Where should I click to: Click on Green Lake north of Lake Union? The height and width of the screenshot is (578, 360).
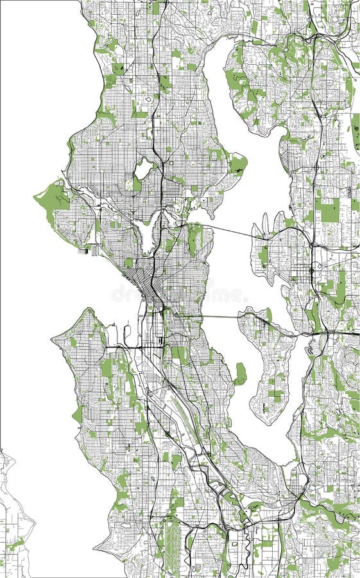[x=143, y=170]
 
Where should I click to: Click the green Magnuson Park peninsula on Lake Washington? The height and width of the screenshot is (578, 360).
[x=237, y=164]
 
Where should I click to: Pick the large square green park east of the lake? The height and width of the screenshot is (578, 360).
[x=329, y=210]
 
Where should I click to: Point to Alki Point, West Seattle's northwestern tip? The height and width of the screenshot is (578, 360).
[x=53, y=337]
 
